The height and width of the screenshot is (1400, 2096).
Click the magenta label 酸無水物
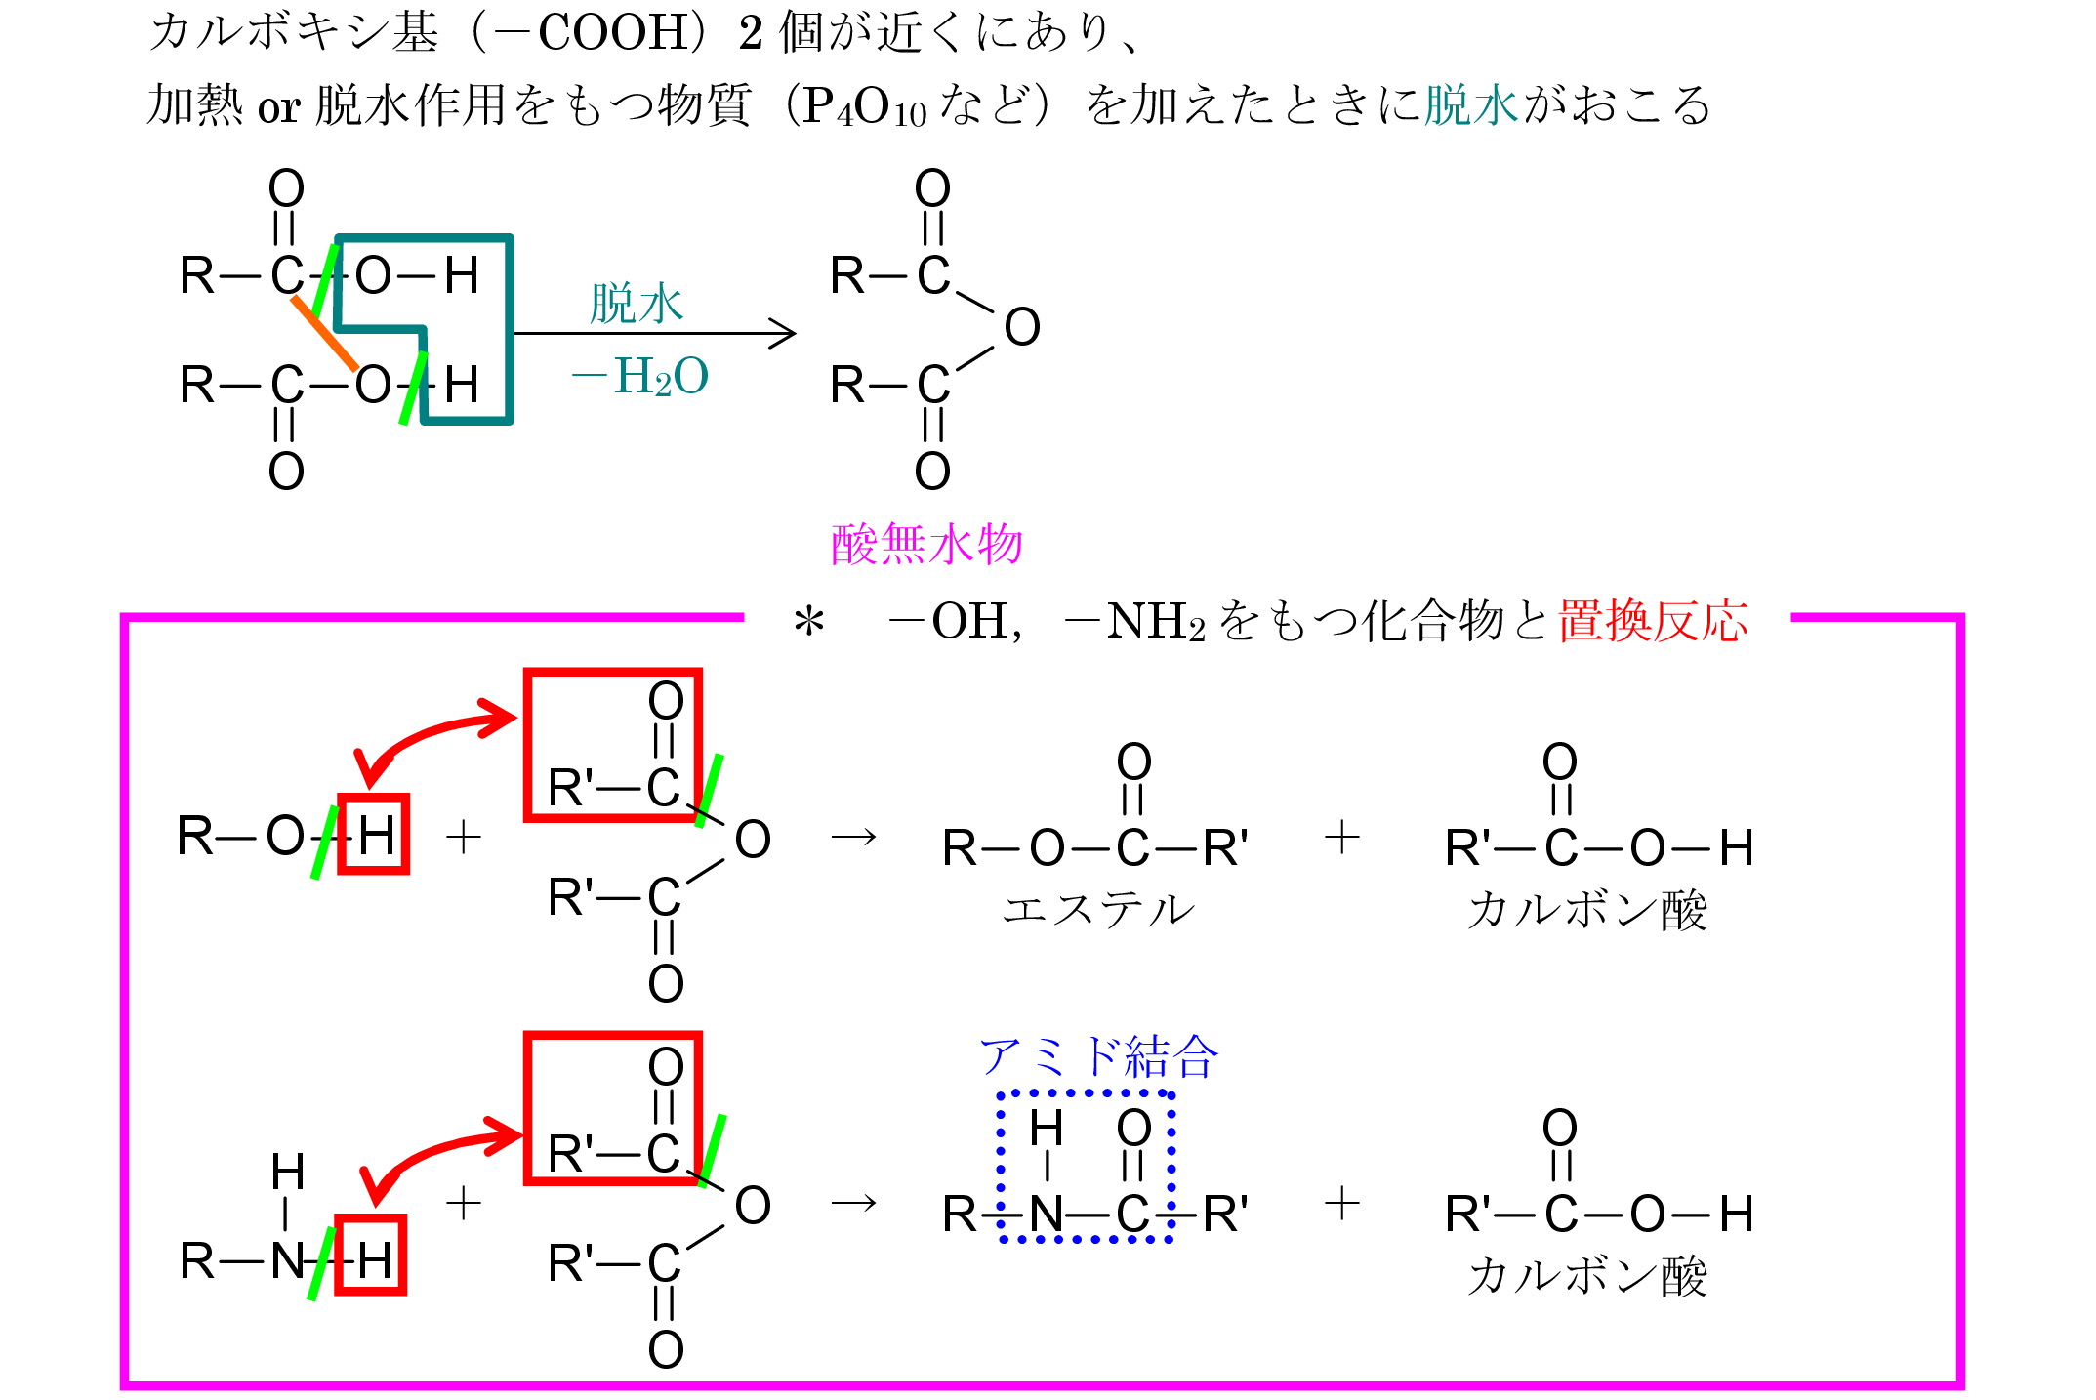[x=925, y=544]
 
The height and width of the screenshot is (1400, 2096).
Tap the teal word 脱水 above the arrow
[x=637, y=304]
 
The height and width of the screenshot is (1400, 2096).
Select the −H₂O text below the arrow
[x=640, y=377]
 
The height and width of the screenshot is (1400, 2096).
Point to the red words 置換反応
[x=1653, y=621]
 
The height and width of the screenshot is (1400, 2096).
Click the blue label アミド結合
[x=1098, y=1056]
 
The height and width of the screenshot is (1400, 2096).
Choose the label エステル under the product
[x=1098, y=910]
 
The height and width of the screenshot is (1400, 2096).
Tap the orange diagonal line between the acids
[x=325, y=334]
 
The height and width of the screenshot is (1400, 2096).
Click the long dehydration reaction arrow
[x=654, y=334]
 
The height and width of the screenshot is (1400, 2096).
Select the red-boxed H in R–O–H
[x=375, y=835]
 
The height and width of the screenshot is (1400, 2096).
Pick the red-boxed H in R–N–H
[x=372, y=1256]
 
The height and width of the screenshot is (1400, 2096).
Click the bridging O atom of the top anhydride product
[x=1022, y=327]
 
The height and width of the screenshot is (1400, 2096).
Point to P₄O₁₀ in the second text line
[x=864, y=106]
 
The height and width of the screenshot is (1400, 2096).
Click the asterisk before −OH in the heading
[x=808, y=622]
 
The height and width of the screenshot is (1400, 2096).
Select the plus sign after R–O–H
[x=464, y=837]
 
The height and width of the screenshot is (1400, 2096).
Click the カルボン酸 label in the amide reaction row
[x=1587, y=1276]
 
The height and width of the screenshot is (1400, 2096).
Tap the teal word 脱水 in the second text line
[x=1471, y=105]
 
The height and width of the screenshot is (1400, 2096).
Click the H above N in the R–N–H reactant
[x=288, y=1172]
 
